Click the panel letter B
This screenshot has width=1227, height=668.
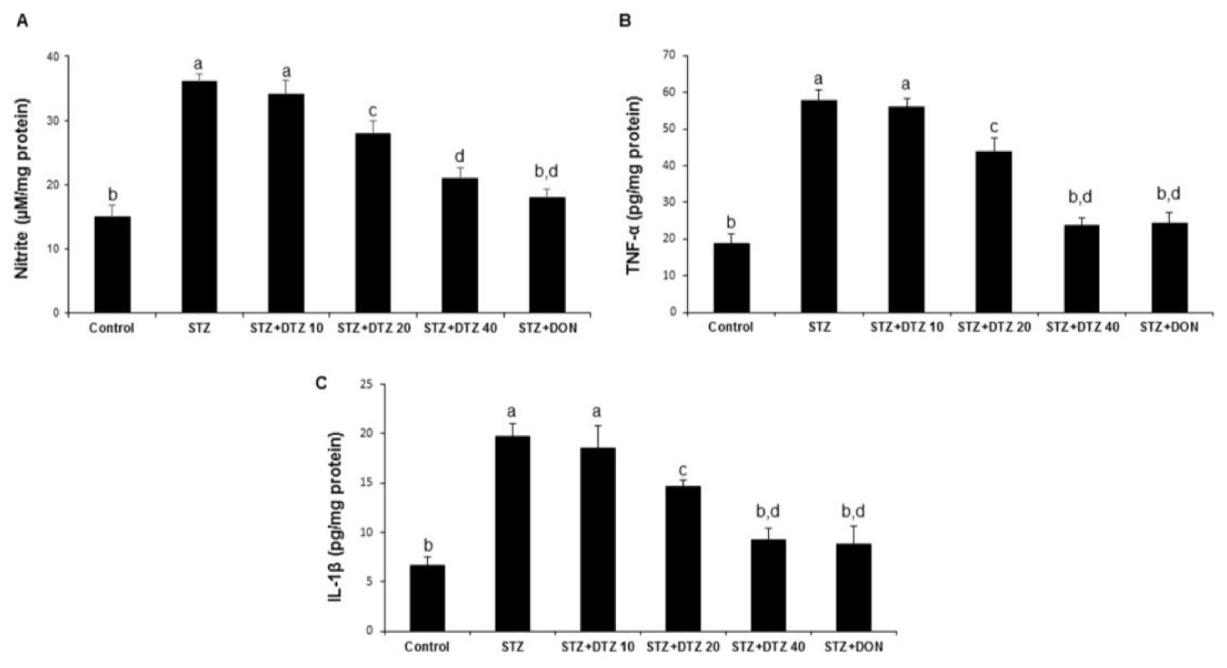point(624,21)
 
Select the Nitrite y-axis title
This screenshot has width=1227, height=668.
point(23,189)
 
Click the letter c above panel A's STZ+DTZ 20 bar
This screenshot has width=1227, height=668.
point(373,111)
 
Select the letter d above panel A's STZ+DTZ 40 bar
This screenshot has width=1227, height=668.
point(460,156)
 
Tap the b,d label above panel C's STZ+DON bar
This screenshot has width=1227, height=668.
point(853,511)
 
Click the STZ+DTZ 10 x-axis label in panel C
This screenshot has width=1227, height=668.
point(598,647)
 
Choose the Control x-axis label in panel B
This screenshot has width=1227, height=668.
point(730,328)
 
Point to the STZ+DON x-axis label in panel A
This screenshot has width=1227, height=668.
point(547,328)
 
